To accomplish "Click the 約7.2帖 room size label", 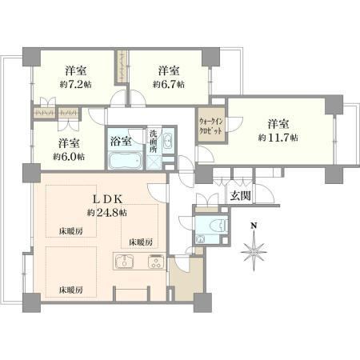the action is (x=76, y=85).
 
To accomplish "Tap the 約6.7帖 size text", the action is (x=169, y=85).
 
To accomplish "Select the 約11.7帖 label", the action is (x=278, y=138).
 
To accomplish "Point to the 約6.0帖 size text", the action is (x=69, y=157).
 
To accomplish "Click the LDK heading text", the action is (x=107, y=198).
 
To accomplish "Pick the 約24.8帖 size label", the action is (x=107, y=213).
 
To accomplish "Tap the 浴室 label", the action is (x=121, y=141).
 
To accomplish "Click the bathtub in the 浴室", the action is (x=125, y=161).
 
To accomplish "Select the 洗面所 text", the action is (x=153, y=141).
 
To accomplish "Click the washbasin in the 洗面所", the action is (x=168, y=141).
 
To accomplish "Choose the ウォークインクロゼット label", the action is (x=210, y=126).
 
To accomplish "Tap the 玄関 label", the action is (x=240, y=195).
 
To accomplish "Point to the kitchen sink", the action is (x=124, y=262).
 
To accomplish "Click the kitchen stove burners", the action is (x=156, y=262).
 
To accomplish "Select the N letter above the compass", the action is (x=254, y=226).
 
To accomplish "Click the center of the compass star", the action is (x=254, y=252).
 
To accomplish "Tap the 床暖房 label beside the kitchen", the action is (x=141, y=242).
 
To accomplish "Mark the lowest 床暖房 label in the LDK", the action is (x=70, y=290).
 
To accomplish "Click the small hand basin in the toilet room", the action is (x=200, y=239).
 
